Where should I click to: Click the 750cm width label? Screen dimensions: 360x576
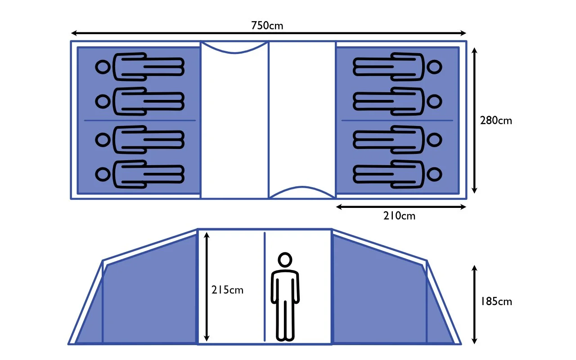267,26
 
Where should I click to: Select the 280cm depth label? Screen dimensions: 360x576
496,121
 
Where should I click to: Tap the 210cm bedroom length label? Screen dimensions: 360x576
400,216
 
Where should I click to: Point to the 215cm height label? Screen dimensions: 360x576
227,290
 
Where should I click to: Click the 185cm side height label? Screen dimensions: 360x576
496,301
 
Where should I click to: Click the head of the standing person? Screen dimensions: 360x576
285,260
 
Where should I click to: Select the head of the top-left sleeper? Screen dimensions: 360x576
103,67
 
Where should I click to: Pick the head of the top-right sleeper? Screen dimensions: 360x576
434,67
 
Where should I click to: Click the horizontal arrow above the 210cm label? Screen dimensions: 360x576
401,207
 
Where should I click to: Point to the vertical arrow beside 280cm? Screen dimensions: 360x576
474,121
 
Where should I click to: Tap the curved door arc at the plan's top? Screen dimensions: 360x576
234,51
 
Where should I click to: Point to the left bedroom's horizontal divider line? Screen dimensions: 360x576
140,121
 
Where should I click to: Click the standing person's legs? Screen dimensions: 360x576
285,319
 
